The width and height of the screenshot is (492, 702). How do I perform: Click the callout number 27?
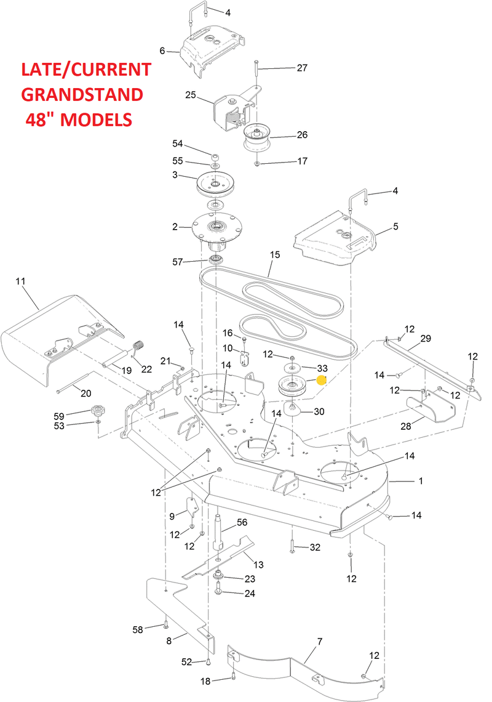coord(301,68)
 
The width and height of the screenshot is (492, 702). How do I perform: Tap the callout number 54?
coord(177,143)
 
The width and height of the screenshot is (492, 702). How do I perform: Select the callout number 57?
coord(177,262)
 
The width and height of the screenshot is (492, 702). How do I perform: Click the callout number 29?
coord(425,339)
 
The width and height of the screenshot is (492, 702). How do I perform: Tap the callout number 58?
coord(137,629)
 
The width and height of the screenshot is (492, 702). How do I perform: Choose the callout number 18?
coord(205,680)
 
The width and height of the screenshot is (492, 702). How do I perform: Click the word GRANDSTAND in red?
coord(82,94)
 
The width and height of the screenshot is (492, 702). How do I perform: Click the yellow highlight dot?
coord(321,381)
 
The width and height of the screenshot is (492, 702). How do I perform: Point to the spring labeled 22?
coord(137,348)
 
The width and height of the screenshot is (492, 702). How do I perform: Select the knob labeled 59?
coord(97,411)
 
